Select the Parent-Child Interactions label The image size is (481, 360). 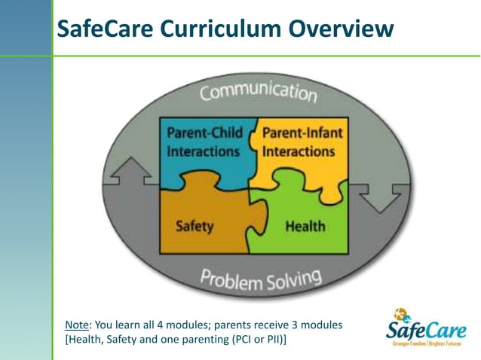tap(204, 142)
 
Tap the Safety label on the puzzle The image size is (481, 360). tap(195, 225)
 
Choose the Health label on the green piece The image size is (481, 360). tap(305, 226)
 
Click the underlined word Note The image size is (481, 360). tap(77, 325)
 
